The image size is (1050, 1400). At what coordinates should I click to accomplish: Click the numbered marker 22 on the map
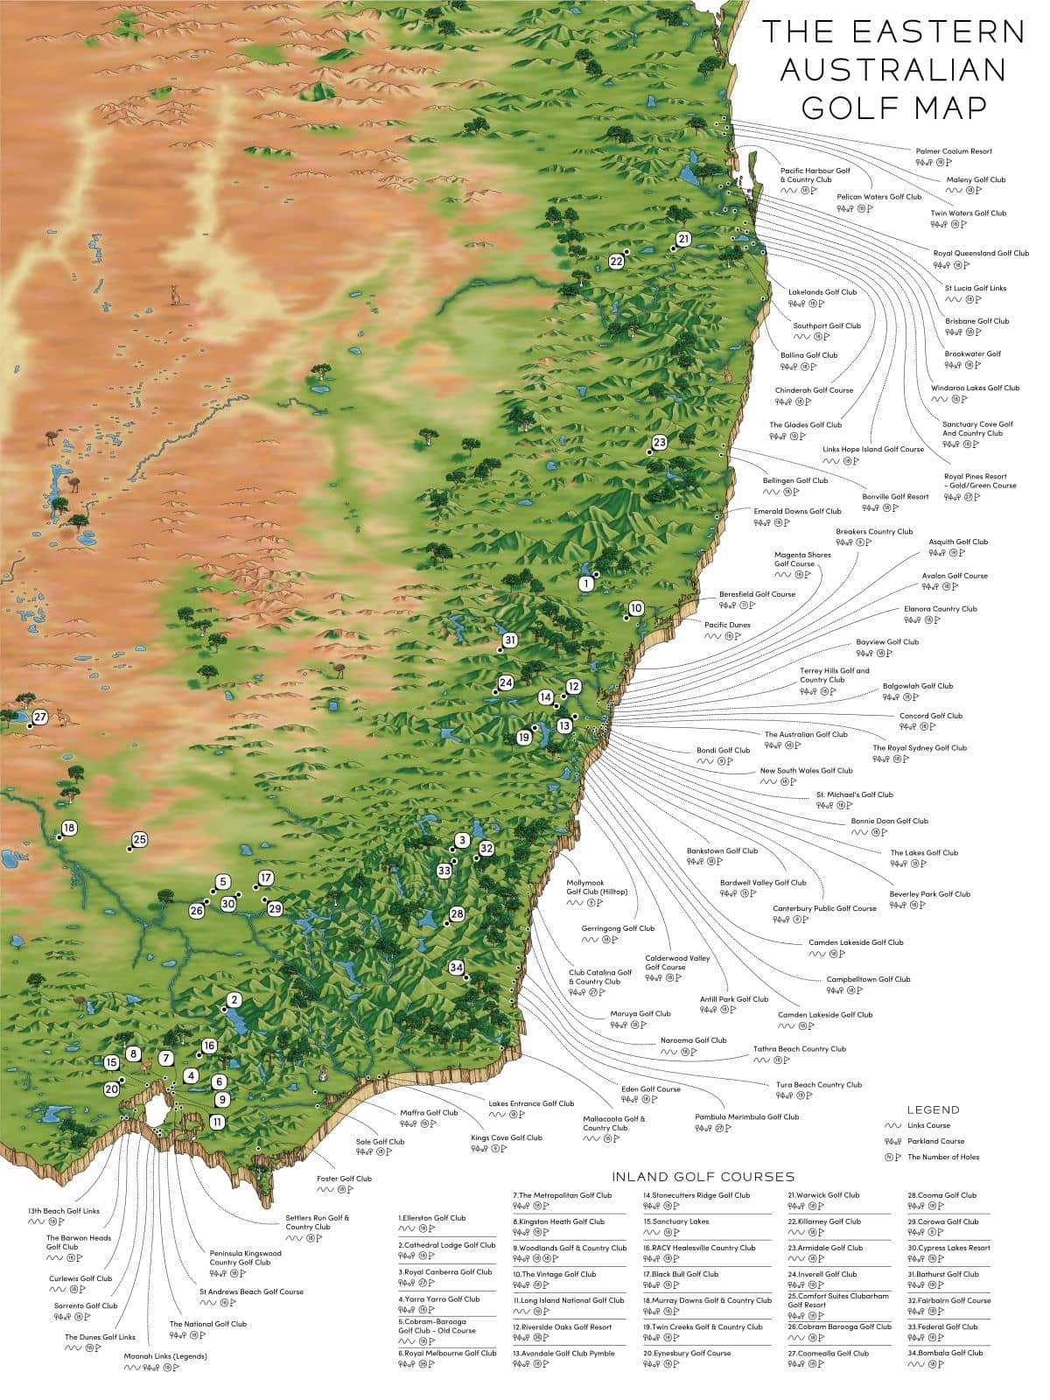coord(616,261)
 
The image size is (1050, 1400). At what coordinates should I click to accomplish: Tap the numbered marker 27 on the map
coord(39,717)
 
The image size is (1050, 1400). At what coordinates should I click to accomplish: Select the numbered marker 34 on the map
coord(456,968)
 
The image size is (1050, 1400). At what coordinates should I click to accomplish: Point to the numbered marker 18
coord(69,828)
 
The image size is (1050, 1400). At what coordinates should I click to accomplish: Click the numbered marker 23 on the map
coord(659,442)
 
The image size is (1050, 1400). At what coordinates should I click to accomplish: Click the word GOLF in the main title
coord(839,107)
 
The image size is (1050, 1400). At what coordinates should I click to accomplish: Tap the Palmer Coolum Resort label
coord(953,151)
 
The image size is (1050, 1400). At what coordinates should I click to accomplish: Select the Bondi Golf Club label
coord(723,751)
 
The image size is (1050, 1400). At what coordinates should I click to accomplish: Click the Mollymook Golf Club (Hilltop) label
coord(597,887)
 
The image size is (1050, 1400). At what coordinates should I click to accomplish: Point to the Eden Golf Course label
coord(650,1089)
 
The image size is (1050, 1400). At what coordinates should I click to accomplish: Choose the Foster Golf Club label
coord(344,1179)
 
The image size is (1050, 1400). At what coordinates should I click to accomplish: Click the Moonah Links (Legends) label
coord(165,1356)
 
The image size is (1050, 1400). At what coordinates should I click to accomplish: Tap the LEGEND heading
coord(933,1109)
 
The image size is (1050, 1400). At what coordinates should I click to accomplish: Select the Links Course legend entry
coord(927,1125)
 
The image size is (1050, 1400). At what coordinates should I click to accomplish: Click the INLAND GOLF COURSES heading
coord(703,1177)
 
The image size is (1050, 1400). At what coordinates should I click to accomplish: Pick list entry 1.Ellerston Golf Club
coord(432,1218)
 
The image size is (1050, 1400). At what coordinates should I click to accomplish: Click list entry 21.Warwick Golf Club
coord(823,1195)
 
